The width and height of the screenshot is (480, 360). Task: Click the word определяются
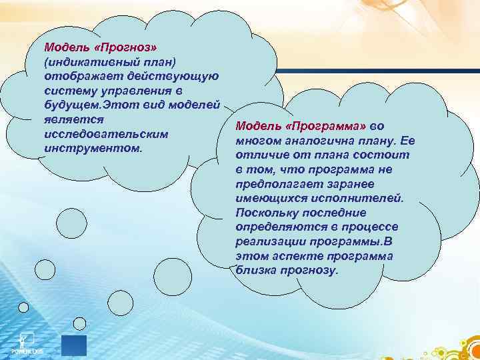tap(276, 227)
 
